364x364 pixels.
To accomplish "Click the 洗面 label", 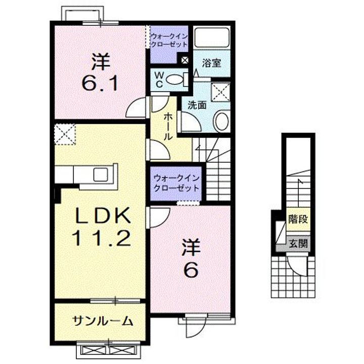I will [197, 106].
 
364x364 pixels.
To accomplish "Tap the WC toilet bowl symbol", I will [175, 79].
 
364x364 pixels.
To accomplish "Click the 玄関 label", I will [297, 243].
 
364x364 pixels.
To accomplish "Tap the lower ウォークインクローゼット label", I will [176, 181].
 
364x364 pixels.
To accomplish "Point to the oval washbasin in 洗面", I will [221, 122].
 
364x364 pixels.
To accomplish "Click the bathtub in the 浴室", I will [213, 37].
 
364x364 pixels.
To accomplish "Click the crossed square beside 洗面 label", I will [220, 93].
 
